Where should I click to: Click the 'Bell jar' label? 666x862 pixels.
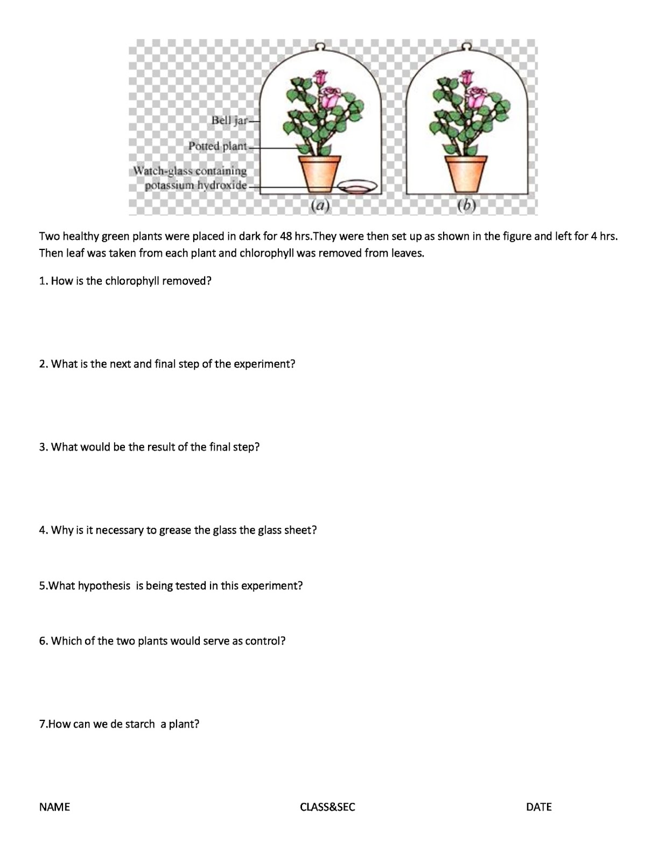click(229, 120)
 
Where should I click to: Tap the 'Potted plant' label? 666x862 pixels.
click(218, 146)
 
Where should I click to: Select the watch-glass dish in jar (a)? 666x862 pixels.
click(357, 186)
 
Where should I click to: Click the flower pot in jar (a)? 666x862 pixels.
click(320, 172)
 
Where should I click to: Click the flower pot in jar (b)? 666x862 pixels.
click(466, 172)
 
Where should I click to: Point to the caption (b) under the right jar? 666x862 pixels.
click(466, 205)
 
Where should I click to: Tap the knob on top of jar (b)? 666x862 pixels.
click(467, 45)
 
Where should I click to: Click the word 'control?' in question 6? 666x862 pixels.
click(265, 641)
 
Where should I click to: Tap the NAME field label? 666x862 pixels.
click(54, 807)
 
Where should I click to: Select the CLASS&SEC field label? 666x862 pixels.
click(327, 807)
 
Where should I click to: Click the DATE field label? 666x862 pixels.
click(538, 807)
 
